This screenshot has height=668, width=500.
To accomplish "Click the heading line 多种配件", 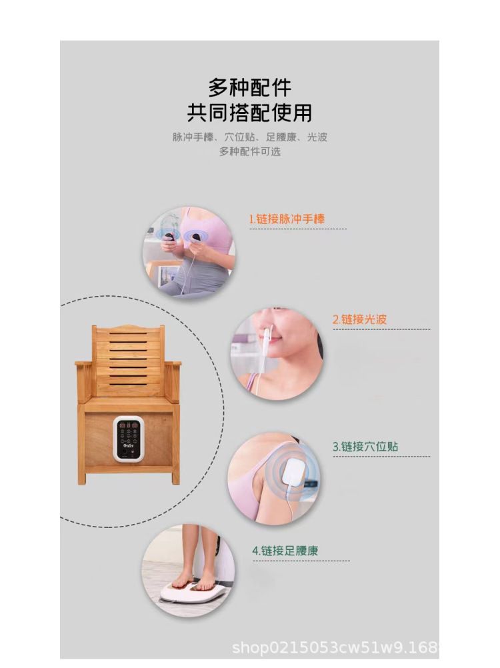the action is [249, 87].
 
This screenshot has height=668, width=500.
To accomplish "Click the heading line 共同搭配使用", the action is [249, 112].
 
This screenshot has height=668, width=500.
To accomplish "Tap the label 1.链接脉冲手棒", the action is [287, 219].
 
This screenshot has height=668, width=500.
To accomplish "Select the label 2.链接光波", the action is [359, 319].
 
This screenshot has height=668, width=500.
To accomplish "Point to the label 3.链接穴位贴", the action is [365, 447].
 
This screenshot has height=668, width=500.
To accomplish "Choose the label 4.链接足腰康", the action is [285, 551].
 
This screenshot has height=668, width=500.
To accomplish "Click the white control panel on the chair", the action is [127, 439].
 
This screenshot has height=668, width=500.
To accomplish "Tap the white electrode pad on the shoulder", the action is [293, 471].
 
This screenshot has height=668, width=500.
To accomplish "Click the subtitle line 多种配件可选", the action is [250, 151].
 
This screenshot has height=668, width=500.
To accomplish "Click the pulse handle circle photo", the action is [189, 252].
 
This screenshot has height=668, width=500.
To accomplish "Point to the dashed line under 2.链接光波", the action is [381, 329].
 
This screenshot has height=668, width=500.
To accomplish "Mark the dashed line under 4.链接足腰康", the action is [301, 561].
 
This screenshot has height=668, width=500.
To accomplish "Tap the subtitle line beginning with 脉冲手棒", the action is [249, 137].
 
